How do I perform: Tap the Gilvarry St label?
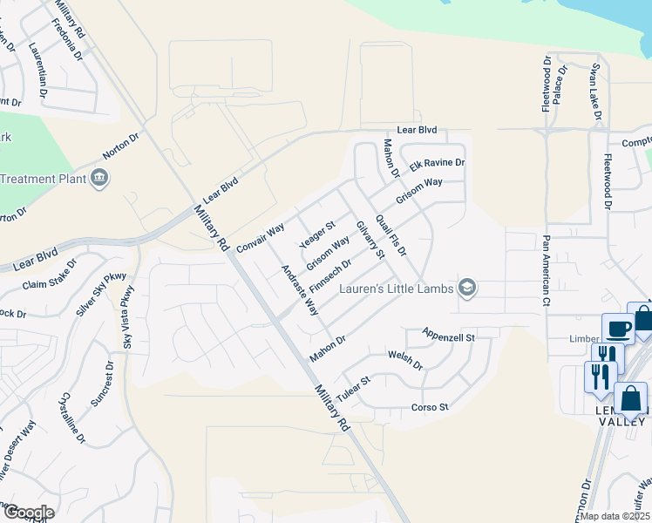coord(370,240)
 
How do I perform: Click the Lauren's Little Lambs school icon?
coord(467,289)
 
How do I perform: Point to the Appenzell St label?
coord(448,335)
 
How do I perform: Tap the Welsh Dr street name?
coord(405,360)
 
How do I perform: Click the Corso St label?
coord(429,407)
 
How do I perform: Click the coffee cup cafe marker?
coord(619,329)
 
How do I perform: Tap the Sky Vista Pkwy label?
coord(126,310)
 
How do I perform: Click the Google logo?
coord(28,512)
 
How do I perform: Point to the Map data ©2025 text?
coord(615,516)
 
